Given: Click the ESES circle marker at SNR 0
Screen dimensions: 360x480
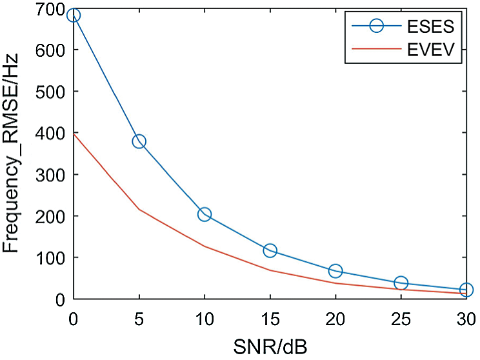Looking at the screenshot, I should coord(74,15).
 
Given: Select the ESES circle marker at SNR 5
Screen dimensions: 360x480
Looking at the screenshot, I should coord(139,141).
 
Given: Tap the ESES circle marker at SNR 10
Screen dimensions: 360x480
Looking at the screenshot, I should coord(205,214).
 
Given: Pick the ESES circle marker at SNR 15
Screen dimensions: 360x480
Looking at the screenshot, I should coord(270,250).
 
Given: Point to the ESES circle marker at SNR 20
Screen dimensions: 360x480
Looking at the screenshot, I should coord(335,271).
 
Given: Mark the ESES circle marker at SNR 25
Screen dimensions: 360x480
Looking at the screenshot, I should coord(401,283).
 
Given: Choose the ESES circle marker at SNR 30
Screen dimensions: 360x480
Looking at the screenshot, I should coord(466,290).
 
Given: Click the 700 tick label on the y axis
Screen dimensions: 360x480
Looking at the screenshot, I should coord(52,9).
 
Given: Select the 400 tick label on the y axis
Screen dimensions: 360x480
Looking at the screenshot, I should coord(52,134).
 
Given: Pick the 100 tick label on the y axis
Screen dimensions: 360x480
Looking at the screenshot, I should coord(52,258).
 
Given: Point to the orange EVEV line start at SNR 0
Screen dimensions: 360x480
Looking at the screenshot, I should coord(74,134).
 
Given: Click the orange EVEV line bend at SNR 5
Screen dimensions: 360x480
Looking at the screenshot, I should coord(139,209).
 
